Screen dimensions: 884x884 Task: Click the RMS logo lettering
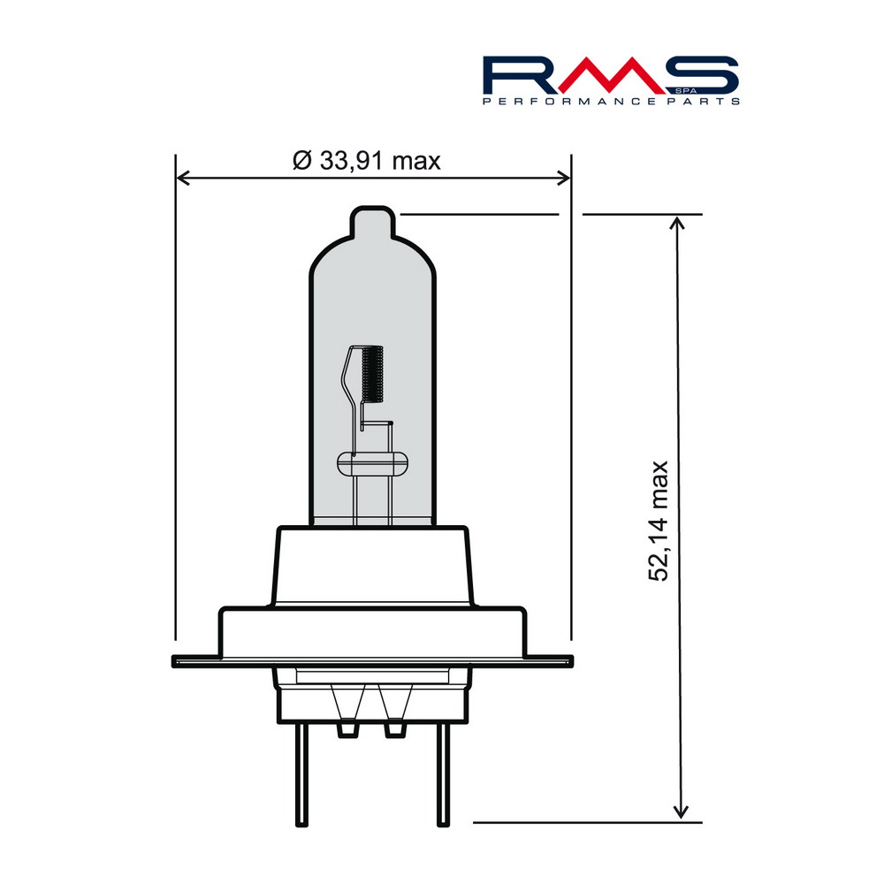click(x=610, y=76)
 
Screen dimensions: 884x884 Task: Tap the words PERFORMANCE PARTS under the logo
click(x=611, y=103)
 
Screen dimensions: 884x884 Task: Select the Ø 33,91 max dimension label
click(x=366, y=161)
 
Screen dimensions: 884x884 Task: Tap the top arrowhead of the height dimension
click(x=679, y=221)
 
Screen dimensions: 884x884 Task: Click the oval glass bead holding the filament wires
click(x=372, y=461)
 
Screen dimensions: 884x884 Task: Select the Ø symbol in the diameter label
click(x=301, y=161)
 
